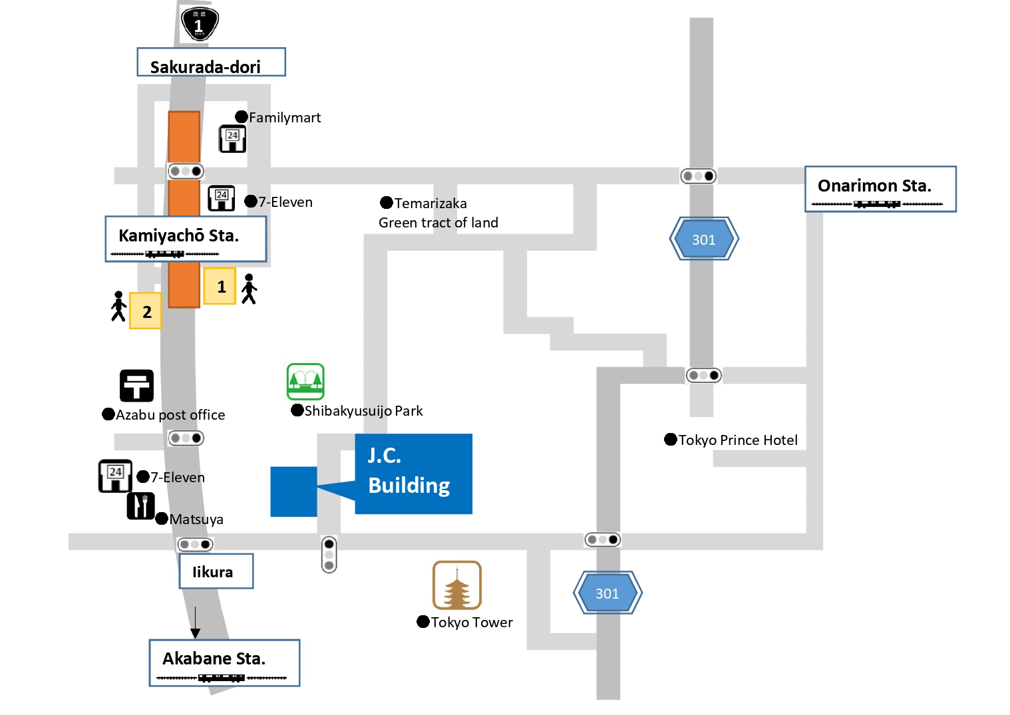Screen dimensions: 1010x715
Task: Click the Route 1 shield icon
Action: pyautogui.click(x=200, y=23)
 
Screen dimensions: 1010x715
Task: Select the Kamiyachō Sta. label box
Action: pyautogui.click(x=186, y=239)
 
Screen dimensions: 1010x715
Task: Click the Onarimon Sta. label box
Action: pyautogui.click(x=880, y=189)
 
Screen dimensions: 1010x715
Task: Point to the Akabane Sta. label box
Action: pyautogui.click(x=224, y=662)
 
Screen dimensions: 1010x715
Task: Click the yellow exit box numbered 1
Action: pyautogui.click(x=220, y=286)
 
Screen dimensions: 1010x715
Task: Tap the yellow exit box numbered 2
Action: pyautogui.click(x=145, y=311)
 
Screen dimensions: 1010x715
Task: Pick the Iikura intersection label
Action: pyautogui.click(x=216, y=571)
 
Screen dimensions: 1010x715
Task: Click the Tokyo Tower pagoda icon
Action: pyautogui.click(x=456, y=585)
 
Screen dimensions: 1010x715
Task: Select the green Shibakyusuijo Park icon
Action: pyautogui.click(x=305, y=381)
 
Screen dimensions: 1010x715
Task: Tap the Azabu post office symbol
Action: pyautogui.click(x=136, y=386)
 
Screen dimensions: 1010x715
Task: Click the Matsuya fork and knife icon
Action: pyautogui.click(x=140, y=505)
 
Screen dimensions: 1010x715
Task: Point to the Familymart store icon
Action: pyautogui.click(x=233, y=139)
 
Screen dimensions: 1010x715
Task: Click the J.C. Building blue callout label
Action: pyautogui.click(x=413, y=474)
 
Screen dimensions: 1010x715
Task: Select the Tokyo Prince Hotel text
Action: pyautogui.click(x=738, y=440)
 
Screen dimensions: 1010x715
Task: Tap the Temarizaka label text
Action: pyautogui.click(x=430, y=204)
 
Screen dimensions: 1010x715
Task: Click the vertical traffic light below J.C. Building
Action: pyautogui.click(x=329, y=554)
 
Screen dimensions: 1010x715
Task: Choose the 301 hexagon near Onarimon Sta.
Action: pyautogui.click(x=704, y=239)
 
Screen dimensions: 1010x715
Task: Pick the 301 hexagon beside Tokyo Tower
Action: pyautogui.click(x=607, y=593)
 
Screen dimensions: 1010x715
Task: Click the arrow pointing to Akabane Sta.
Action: pyautogui.click(x=195, y=622)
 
